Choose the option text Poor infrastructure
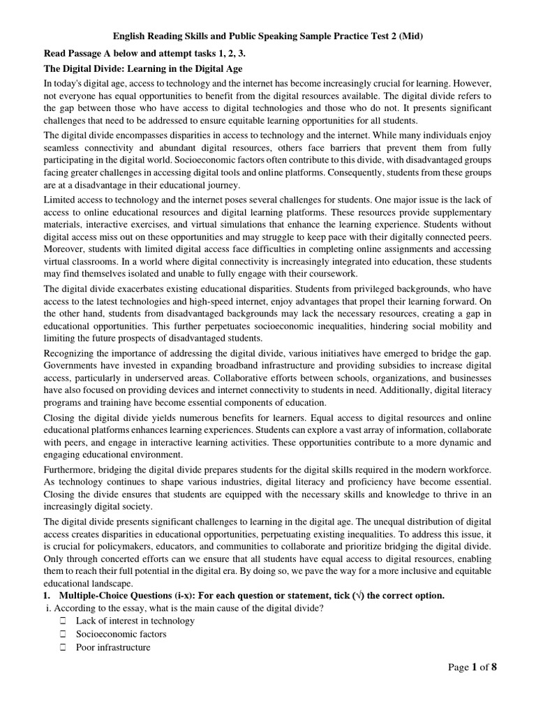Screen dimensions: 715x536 (113, 647)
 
